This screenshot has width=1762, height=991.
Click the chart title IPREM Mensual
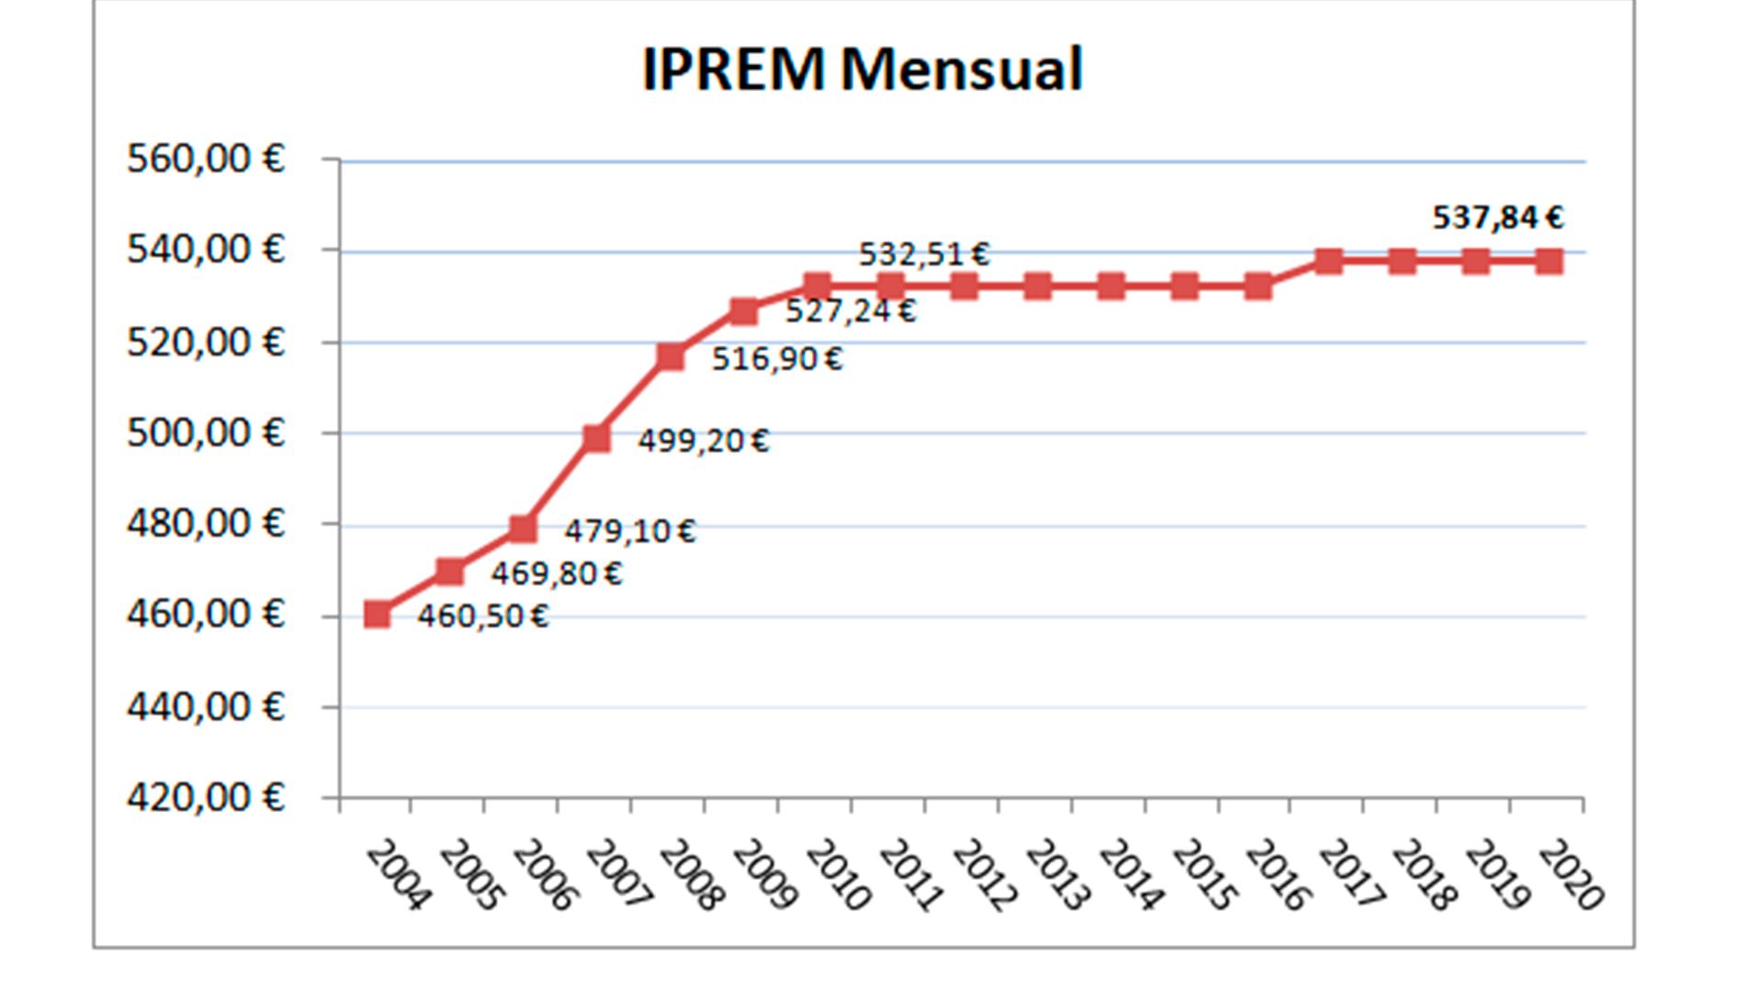(862, 69)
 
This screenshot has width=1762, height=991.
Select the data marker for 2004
(377, 614)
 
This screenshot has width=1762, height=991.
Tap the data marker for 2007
(597, 438)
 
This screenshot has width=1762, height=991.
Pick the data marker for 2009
(744, 311)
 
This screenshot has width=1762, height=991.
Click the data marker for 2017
(1329, 261)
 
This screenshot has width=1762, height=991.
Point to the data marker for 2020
(1550, 261)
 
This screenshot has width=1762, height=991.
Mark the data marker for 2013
(1037, 287)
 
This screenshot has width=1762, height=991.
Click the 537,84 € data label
(1497, 218)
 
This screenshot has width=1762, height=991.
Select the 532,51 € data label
(923, 253)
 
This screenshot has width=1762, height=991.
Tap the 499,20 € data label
(703, 441)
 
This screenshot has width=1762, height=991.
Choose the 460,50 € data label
(482, 615)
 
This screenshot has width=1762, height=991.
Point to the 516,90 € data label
(776, 358)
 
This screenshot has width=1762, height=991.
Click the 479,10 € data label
(629, 531)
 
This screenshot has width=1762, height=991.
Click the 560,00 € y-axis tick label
(206, 159)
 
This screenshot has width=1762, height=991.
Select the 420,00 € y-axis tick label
(206, 796)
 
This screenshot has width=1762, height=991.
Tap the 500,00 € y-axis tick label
(206, 432)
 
